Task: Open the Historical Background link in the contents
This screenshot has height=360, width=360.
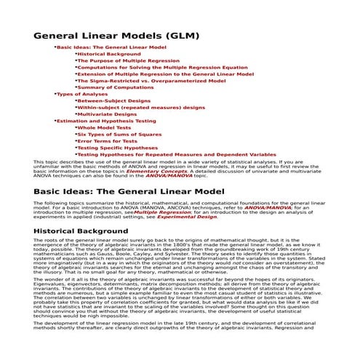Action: coord(109,54)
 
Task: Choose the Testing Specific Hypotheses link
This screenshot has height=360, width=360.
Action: coord(117,148)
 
